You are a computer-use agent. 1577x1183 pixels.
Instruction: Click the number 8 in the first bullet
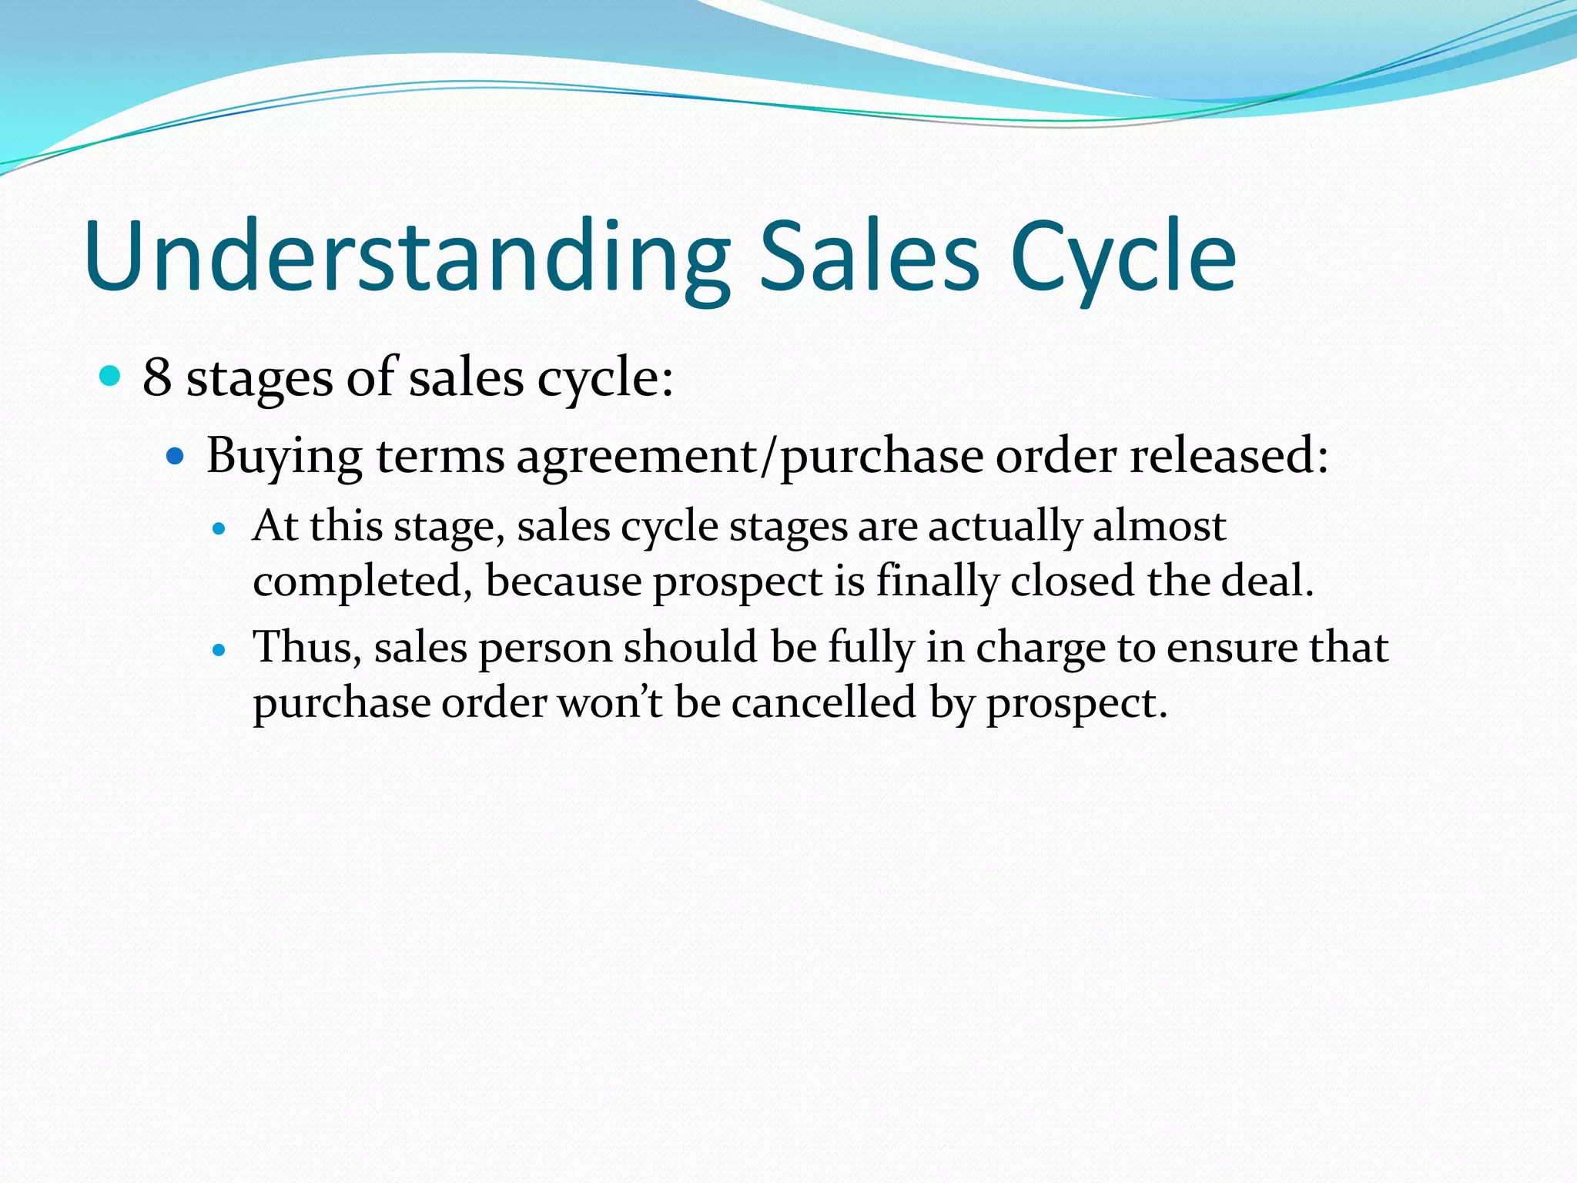(x=156, y=377)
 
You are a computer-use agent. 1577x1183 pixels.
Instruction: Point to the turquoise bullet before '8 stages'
(x=111, y=376)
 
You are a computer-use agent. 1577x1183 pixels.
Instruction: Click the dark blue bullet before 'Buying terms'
(x=176, y=456)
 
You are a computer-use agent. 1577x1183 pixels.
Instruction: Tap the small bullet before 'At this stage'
(x=219, y=529)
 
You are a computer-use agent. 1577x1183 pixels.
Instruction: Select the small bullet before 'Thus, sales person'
(x=219, y=650)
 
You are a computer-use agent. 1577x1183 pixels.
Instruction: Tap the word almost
(x=1159, y=526)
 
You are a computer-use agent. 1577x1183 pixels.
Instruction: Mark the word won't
(x=609, y=702)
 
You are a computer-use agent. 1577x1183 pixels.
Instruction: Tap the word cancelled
(x=823, y=702)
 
